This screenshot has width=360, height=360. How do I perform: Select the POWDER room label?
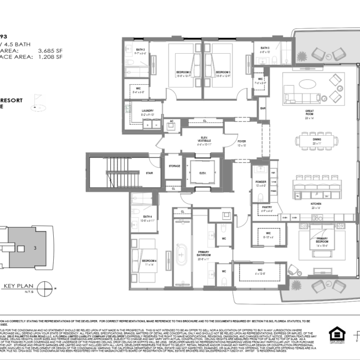(x=260, y=182)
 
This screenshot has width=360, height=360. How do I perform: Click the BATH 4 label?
(x=147, y=217)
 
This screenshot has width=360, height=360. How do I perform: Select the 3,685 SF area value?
(x=49, y=49)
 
